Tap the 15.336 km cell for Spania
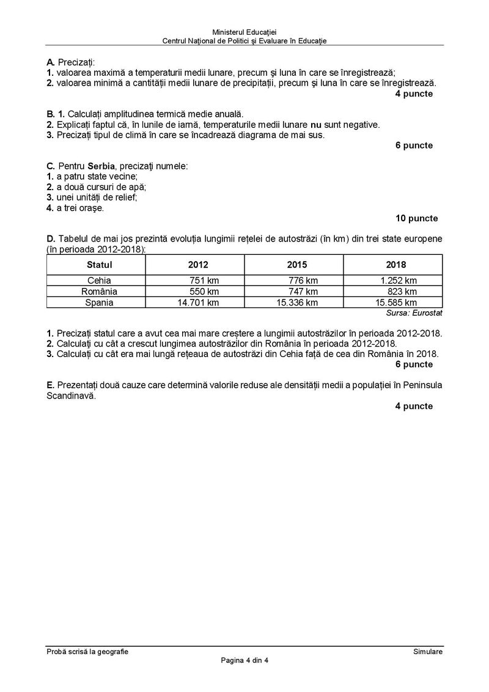tap(297, 302)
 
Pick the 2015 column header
tap(297, 265)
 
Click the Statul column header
tap(100, 265)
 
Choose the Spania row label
tap(100, 302)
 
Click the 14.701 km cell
tap(198, 302)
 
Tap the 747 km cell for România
tap(303, 291)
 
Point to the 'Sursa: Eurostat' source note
tap(414, 312)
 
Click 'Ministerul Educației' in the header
tap(244, 32)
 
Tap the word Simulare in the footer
tap(427, 652)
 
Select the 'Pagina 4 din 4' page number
tap(244, 660)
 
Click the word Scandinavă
tap(71, 396)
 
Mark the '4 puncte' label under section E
tap(414, 406)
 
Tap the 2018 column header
tap(395, 265)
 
